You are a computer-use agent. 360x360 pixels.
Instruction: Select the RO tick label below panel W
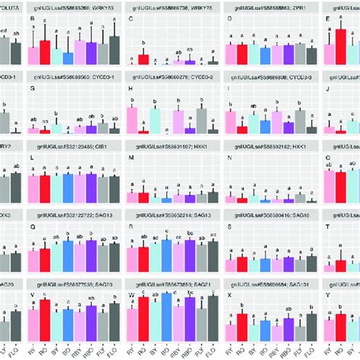(x=143, y=351)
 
